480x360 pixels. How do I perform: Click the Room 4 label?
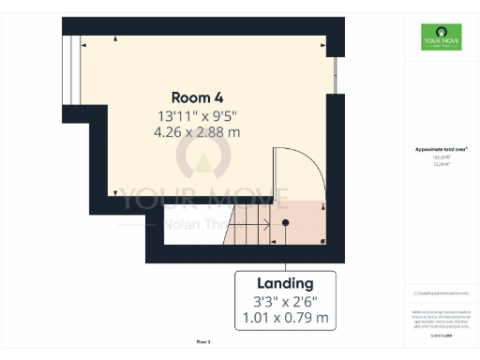tap(197, 97)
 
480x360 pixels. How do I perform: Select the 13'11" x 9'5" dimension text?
tap(197, 116)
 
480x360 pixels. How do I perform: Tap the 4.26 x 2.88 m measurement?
tap(197, 132)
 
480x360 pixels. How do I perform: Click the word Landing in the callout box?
tap(285, 283)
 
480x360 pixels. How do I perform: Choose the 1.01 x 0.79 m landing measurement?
tap(285, 318)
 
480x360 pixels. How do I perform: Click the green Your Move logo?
tap(441, 40)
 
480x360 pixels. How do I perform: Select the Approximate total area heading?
tap(441, 150)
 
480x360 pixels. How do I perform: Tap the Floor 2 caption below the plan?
tap(203, 341)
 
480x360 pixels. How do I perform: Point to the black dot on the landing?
tap(286, 223)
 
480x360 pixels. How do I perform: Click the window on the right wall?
tap(335, 75)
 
